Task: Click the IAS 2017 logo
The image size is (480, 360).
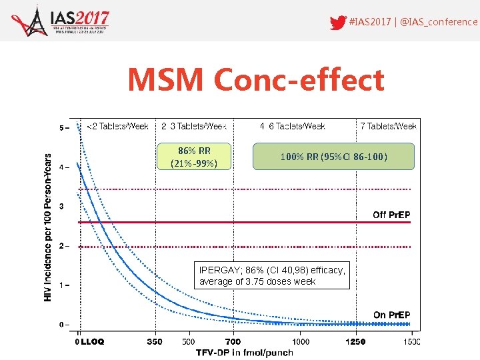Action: pos(61,21)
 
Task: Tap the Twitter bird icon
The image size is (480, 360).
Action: pos(338,21)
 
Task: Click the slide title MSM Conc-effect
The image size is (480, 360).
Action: pos(256,80)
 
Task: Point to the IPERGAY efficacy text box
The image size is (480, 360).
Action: pos(273,275)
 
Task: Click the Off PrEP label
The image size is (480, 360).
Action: pos(391,215)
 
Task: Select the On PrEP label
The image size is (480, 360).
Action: pos(391,315)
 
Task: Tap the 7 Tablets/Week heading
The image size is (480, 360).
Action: pos(388,126)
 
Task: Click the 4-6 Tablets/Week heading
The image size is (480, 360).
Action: pos(292,126)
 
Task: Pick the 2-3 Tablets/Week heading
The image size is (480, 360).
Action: pos(194,126)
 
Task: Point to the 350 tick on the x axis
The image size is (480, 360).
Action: pos(154,341)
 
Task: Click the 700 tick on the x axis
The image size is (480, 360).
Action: pos(233,341)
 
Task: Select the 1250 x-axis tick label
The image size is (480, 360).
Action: pos(355,341)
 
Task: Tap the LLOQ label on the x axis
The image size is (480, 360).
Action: pos(93,341)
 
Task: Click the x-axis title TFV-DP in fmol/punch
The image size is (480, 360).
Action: pos(244,352)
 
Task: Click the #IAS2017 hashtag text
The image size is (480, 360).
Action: pos(369,21)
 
